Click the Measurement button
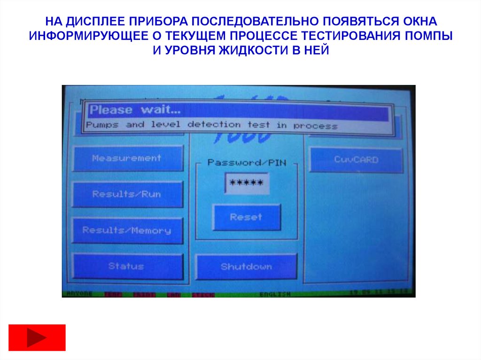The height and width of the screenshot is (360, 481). [x=127, y=158]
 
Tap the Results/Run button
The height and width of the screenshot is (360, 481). [x=127, y=194]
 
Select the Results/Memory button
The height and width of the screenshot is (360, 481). [x=127, y=230]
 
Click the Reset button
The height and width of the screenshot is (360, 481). [x=246, y=217]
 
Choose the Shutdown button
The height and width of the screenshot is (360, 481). [x=246, y=267]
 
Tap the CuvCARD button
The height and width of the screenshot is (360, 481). [x=356, y=160]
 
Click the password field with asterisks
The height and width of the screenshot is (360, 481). [x=247, y=183]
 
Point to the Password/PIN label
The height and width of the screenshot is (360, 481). [x=247, y=162]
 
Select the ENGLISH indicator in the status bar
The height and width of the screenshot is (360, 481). [x=275, y=294]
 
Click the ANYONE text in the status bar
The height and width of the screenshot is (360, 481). [x=79, y=294]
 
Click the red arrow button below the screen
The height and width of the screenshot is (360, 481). [x=37, y=337]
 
